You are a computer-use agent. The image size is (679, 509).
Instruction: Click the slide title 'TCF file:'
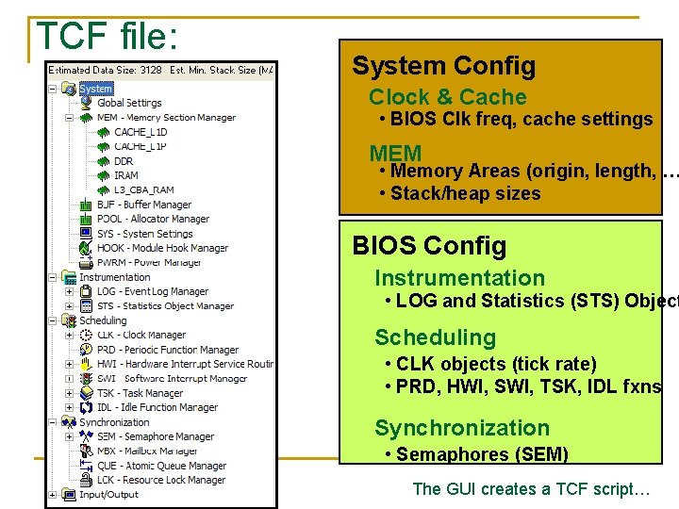click(x=106, y=36)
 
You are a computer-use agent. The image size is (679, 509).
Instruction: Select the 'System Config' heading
click(x=443, y=66)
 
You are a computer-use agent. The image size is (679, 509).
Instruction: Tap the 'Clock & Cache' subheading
click(x=447, y=97)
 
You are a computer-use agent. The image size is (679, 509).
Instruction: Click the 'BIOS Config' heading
click(x=429, y=246)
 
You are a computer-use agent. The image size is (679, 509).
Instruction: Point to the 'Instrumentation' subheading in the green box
click(x=459, y=278)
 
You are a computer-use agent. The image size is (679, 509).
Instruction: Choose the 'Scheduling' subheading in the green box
click(x=435, y=337)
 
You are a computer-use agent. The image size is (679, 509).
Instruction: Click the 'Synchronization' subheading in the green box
click(x=461, y=428)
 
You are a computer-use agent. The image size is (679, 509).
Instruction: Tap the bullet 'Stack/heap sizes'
click(x=459, y=194)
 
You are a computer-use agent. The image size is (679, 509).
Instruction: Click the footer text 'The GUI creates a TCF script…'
click(x=531, y=489)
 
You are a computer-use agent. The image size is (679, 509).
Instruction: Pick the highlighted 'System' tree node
click(x=95, y=89)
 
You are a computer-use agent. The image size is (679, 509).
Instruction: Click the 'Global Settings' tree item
click(x=129, y=103)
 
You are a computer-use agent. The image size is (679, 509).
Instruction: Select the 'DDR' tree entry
click(x=124, y=161)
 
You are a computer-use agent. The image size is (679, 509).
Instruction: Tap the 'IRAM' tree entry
click(x=126, y=175)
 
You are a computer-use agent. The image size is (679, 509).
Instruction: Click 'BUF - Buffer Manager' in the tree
click(x=143, y=205)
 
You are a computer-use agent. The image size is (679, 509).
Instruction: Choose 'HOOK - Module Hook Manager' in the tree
click(x=162, y=248)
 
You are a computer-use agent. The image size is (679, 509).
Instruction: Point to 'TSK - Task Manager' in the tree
click(x=140, y=393)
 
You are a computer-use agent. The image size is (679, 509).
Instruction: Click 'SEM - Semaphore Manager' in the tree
click(x=155, y=436)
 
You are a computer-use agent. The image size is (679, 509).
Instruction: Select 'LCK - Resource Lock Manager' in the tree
click(x=161, y=480)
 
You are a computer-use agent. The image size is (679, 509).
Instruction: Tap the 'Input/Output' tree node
click(x=108, y=494)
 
